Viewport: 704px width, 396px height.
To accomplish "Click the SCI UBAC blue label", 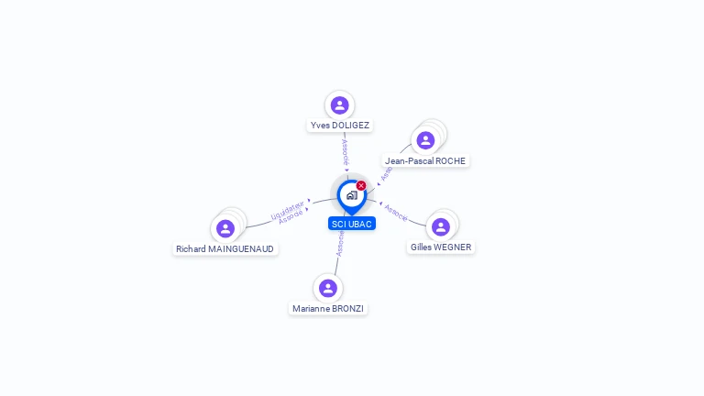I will click(352, 224).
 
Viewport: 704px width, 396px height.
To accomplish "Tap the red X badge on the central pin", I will click(361, 185).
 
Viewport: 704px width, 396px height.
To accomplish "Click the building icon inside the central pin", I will click(351, 195).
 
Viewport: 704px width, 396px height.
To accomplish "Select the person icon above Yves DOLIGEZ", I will click(340, 105).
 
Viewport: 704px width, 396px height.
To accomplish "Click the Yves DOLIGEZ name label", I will click(340, 125).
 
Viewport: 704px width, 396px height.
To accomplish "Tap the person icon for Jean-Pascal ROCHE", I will click(425, 140).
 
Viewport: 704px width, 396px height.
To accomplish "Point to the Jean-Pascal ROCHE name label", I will click(425, 161).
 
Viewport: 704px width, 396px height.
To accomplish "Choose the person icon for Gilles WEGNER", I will click(441, 227).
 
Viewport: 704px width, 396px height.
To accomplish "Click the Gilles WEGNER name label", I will click(441, 247).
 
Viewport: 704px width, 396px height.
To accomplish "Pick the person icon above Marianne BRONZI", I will click(328, 289).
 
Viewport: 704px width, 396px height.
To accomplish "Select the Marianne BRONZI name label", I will click(328, 309).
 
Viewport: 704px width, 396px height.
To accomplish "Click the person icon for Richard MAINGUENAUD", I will click(225, 228).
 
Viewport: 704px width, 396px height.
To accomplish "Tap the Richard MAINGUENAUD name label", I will click(225, 249).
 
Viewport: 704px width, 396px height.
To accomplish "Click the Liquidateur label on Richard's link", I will click(288, 210).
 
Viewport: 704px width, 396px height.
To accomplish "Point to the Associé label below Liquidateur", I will click(291, 217).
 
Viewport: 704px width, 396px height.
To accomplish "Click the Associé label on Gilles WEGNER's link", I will click(396, 212).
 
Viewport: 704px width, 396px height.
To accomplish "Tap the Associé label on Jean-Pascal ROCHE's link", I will click(386, 173).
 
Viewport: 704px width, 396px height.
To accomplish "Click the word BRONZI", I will click(347, 309).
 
